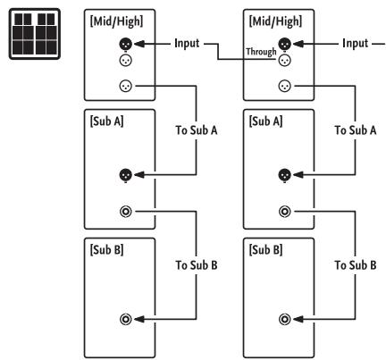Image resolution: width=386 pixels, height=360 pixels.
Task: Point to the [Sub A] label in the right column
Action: (x=265, y=121)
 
